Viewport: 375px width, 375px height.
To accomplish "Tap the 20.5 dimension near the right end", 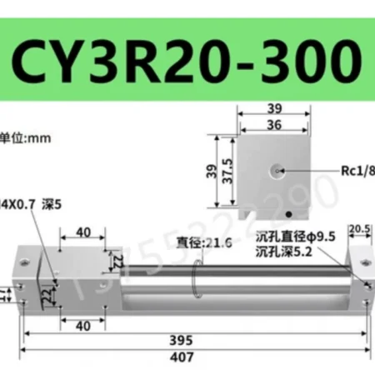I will point(360,229).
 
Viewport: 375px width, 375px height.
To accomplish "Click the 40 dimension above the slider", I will point(82,232).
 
